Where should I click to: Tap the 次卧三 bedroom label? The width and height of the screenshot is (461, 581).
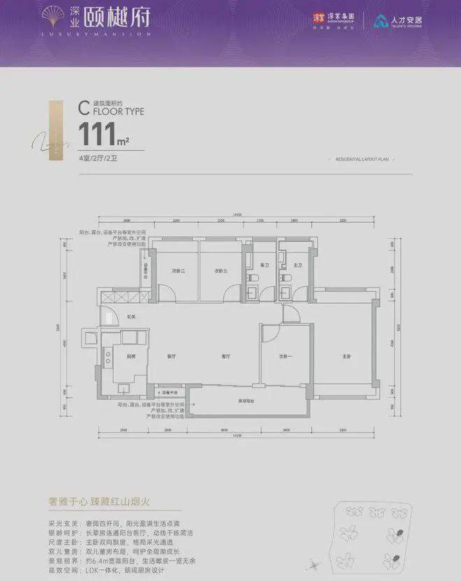[222, 271]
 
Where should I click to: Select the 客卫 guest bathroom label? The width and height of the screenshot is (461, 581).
[265, 265]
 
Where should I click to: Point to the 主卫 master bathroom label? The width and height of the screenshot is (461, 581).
[298, 265]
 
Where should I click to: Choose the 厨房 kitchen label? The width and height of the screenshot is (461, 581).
[131, 357]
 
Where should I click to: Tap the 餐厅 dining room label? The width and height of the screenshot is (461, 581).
[171, 357]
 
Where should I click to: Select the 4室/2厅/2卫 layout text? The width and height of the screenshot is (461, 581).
[98, 160]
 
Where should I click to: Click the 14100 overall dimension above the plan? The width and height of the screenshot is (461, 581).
[237, 214]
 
